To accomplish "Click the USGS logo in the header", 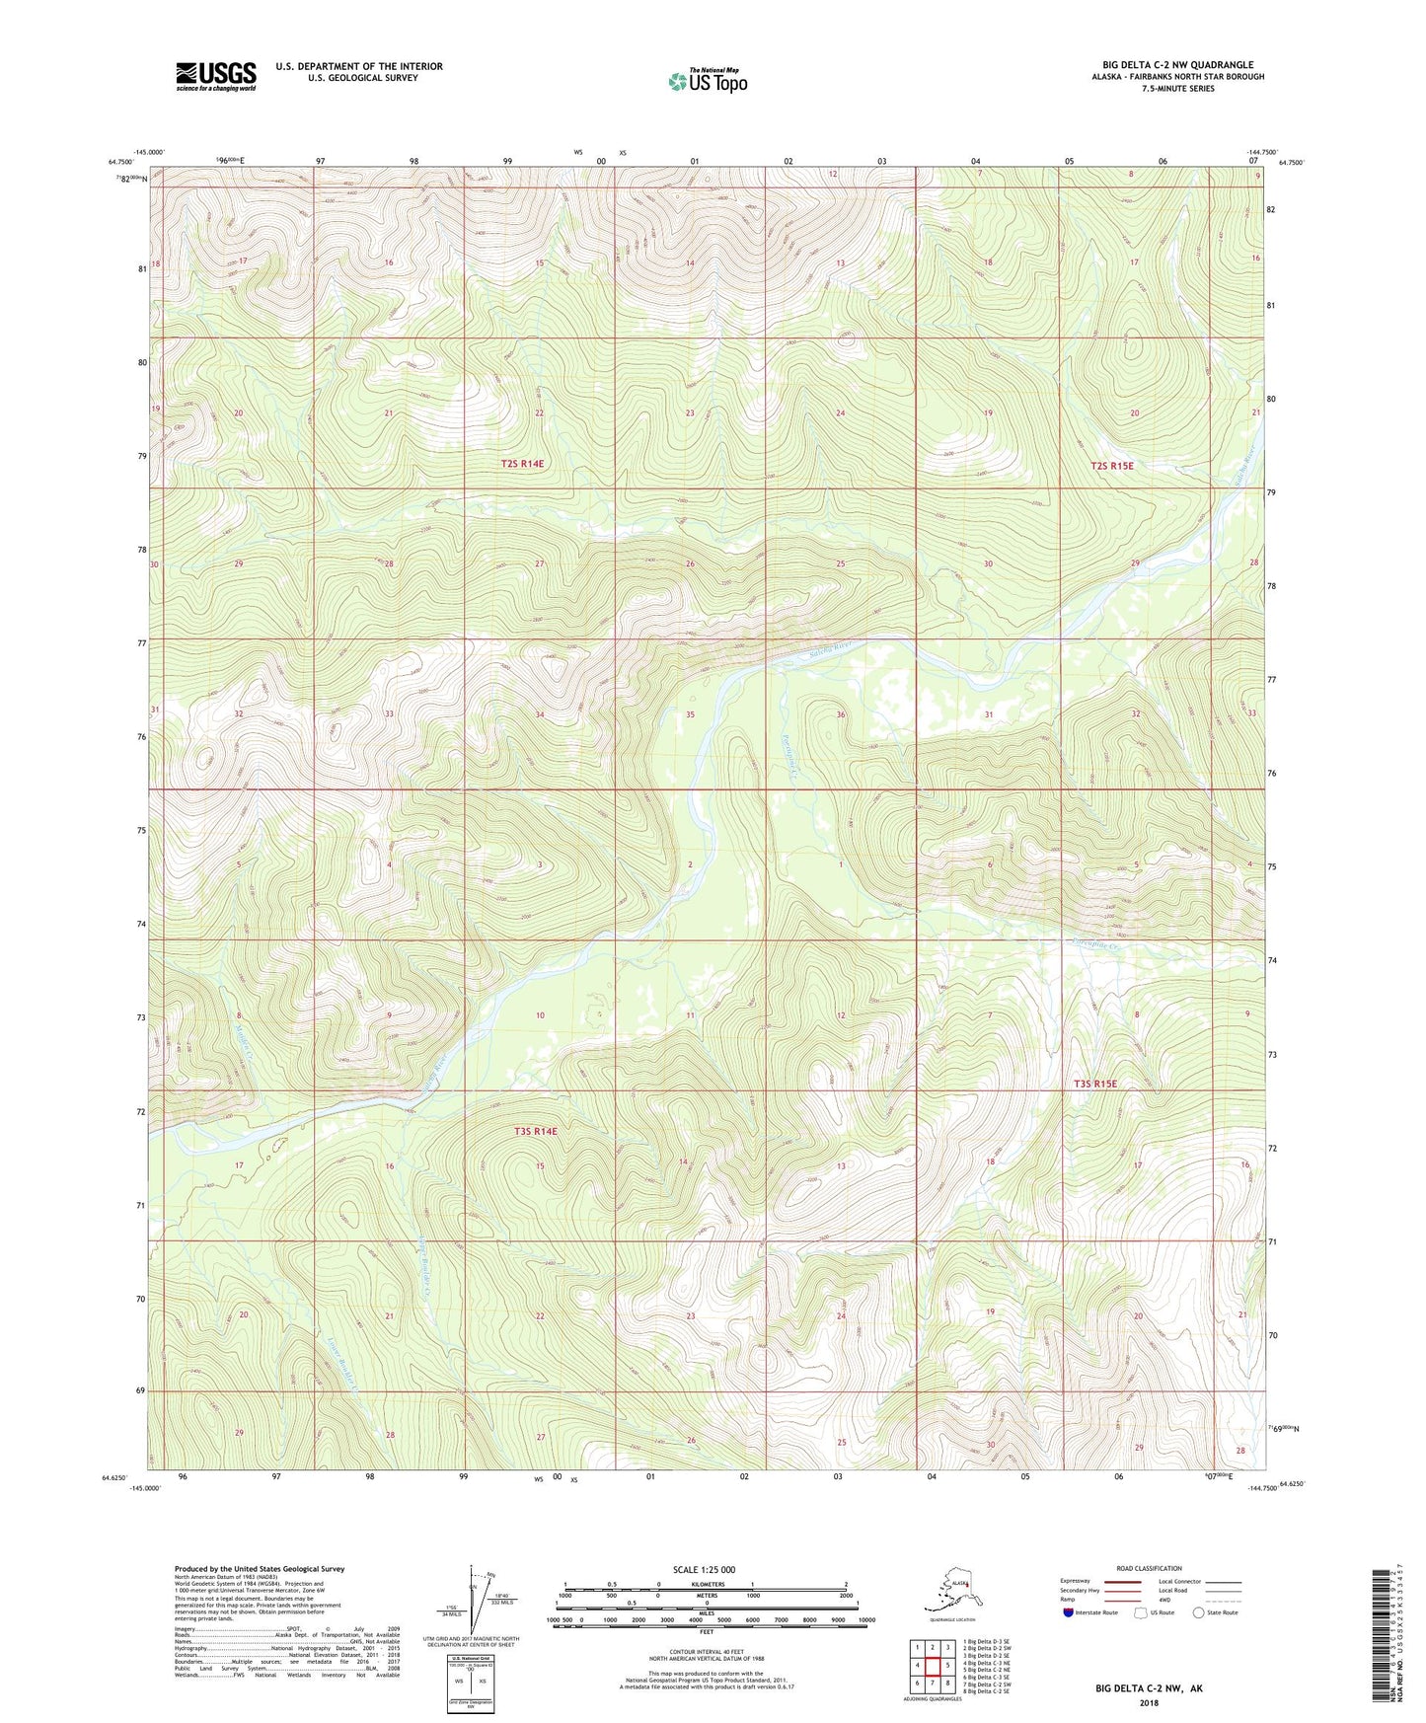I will tap(215, 76).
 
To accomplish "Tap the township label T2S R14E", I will tap(522, 463).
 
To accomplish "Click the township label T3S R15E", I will tap(1094, 1084).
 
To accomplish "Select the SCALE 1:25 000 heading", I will tap(705, 1569).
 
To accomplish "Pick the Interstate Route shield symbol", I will tap(1069, 1612).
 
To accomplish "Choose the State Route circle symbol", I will tap(1199, 1612).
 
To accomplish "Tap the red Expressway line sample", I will tap(1122, 1581).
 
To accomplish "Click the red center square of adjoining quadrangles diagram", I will tap(932, 1665).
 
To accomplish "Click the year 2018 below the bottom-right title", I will tap(1149, 1702).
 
